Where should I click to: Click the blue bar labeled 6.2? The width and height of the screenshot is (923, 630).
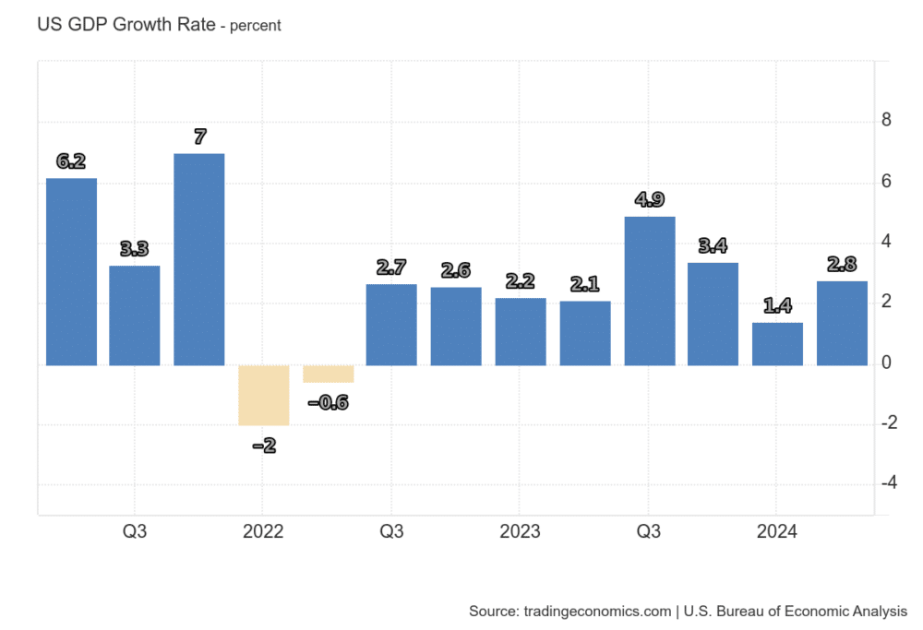[x=71, y=271]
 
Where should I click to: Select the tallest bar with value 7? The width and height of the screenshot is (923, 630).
[x=199, y=259]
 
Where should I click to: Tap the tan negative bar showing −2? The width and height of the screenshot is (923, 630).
[x=263, y=395]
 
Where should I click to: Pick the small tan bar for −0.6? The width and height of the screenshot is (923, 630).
[x=328, y=374]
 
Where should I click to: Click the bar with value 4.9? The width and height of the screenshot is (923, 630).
[x=650, y=291]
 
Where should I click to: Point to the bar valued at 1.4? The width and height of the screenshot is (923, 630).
[x=777, y=343]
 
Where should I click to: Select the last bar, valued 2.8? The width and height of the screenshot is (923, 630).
[x=842, y=323]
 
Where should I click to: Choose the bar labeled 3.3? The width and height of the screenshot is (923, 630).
[x=135, y=315]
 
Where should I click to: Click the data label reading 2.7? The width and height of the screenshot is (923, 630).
[x=391, y=268]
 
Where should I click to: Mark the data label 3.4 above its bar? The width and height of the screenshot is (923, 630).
[x=713, y=246]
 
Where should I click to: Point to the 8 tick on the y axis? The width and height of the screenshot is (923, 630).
[x=886, y=121]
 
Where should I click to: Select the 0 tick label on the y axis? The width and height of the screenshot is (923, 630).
[x=886, y=363]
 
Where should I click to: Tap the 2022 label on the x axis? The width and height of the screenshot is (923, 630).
[x=263, y=532]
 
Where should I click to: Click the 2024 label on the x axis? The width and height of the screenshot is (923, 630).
[x=776, y=532]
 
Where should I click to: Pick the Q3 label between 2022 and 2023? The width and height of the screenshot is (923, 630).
[x=391, y=532]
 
